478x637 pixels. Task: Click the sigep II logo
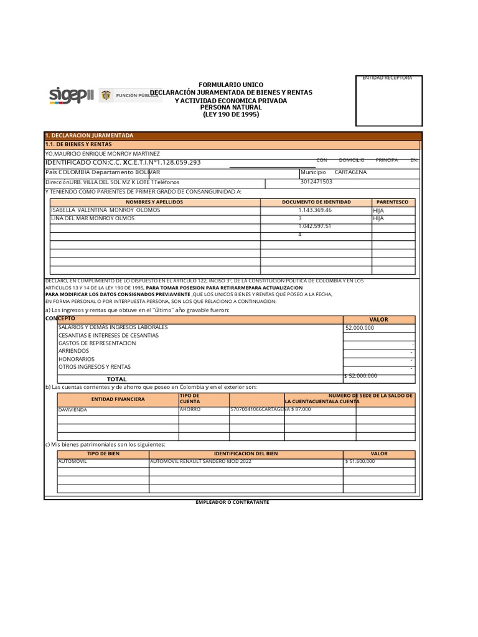click(x=72, y=95)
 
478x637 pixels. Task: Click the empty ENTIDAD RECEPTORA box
click(x=388, y=103)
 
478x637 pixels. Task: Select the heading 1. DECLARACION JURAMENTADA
click(x=89, y=136)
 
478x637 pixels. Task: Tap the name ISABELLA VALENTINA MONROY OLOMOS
click(x=105, y=210)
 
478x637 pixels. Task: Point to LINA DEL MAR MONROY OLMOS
click(x=93, y=218)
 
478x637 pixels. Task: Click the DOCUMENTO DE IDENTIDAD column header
click(x=316, y=202)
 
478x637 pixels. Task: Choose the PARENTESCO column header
click(x=393, y=202)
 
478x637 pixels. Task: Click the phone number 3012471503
click(x=316, y=182)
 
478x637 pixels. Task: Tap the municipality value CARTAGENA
click(x=350, y=172)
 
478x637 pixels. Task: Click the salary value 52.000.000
click(x=360, y=327)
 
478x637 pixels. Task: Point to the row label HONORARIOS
click(x=77, y=359)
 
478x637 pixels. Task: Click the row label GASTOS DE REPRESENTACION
click(x=97, y=343)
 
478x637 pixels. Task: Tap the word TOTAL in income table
click(x=116, y=379)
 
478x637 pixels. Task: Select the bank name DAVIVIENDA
click(x=73, y=410)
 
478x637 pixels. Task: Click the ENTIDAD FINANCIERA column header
click(x=118, y=399)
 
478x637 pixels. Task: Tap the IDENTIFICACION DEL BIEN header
click(x=246, y=454)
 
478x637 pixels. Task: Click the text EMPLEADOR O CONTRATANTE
click(x=232, y=502)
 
